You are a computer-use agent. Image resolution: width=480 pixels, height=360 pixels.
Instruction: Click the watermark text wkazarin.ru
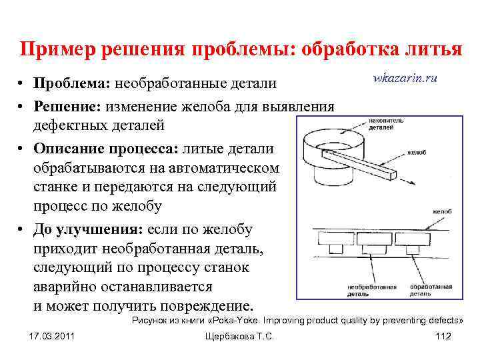pos(405,78)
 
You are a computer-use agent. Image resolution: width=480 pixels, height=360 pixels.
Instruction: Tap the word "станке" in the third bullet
pos(54,188)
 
